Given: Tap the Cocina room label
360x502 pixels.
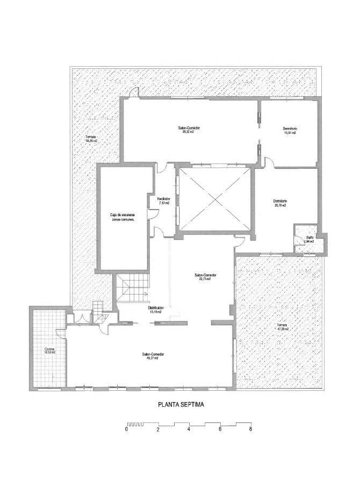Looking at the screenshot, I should (49, 351).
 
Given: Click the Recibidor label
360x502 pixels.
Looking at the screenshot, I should (164, 200).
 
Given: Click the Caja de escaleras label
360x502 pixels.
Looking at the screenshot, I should (122, 217).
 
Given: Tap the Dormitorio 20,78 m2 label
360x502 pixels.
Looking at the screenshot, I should (280, 203).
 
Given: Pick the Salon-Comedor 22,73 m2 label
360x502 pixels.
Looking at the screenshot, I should (203, 276).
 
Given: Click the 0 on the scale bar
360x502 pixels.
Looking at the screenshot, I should (127, 429).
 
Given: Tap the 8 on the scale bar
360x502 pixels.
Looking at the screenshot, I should (250, 429).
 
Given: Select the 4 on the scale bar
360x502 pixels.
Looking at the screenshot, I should (189, 429).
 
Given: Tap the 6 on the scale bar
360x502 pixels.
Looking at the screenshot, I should (220, 429).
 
